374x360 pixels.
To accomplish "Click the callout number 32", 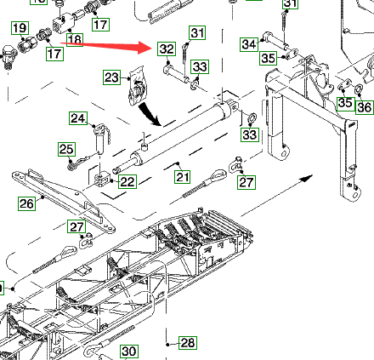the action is [167, 49].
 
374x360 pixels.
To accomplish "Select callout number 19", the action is [20, 28].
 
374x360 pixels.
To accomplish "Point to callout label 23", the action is [111, 77].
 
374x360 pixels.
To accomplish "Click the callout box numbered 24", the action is [78, 118].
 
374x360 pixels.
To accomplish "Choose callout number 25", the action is [67, 149].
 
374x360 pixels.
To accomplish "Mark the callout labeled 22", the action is [127, 181].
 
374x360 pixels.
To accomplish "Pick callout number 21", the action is [183, 177].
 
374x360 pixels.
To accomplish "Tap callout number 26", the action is [27, 203].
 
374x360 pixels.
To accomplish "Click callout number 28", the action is [187, 343].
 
